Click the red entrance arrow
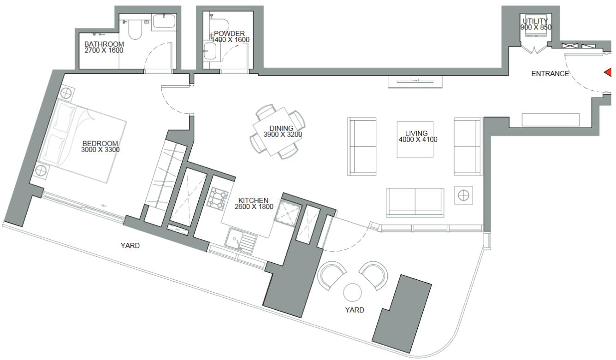[608, 72]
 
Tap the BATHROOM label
[104, 44]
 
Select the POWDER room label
[229, 34]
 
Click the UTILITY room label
[535, 21]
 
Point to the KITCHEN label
[253, 201]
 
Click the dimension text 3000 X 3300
[101, 150]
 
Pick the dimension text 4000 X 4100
[418, 139]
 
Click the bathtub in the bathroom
[164, 21]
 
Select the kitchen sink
[241, 241]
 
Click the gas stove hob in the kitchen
[218, 199]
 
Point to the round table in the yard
[352, 293]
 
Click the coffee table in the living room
[415, 139]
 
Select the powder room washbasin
[210, 51]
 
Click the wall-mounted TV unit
[415, 82]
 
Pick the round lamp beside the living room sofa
[464, 195]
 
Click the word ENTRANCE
[550, 74]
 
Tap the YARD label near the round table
[355, 310]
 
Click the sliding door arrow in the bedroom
[104, 206]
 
